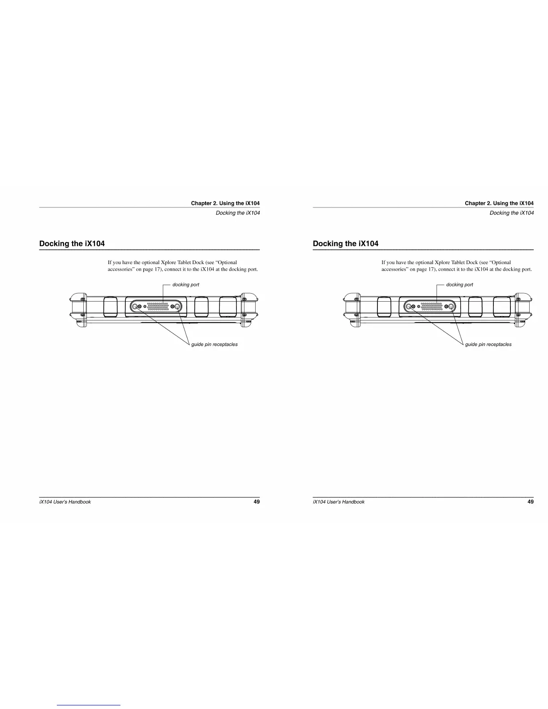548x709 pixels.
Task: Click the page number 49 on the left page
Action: (257, 502)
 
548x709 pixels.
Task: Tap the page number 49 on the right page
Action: (531, 502)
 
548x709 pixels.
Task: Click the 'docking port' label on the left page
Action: (186, 285)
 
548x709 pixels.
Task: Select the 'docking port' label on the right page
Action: (459, 285)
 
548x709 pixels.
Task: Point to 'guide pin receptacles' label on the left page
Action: (214, 345)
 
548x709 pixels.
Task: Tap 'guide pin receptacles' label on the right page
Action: (488, 345)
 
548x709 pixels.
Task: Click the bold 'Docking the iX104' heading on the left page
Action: (72, 243)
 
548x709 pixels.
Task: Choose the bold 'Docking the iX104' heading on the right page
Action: (346, 243)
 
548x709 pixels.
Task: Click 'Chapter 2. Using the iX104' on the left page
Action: (225, 203)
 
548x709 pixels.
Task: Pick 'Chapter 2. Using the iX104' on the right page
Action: (499, 203)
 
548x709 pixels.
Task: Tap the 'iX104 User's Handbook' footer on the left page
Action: (65, 502)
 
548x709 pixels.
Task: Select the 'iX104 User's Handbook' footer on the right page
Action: (339, 502)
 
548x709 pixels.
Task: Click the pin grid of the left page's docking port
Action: (158, 306)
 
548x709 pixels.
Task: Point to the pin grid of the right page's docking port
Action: (432, 306)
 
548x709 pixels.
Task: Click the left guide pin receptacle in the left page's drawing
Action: (134, 307)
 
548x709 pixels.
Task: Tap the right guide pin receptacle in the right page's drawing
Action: (451, 307)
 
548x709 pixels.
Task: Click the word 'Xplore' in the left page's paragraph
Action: (168, 262)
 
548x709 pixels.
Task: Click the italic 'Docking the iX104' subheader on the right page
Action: (511, 213)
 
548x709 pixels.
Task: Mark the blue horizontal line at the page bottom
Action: (89, 705)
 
